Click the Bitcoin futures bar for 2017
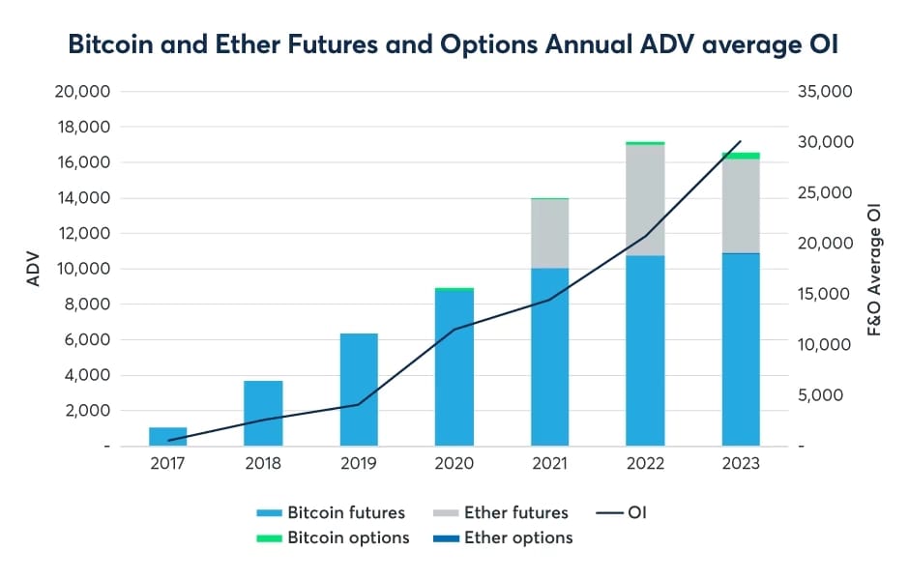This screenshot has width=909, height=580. click(167, 436)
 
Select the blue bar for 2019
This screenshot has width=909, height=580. click(359, 390)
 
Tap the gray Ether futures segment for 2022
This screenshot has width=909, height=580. click(645, 200)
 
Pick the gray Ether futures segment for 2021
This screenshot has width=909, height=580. click(549, 233)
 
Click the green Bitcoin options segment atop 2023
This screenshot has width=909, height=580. click(741, 156)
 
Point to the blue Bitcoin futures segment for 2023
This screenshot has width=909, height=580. click(741, 349)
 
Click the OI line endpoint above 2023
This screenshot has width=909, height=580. click(741, 142)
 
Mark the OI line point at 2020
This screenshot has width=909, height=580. click(454, 330)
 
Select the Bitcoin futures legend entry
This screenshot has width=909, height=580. click(333, 512)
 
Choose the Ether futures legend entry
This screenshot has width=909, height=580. click(502, 512)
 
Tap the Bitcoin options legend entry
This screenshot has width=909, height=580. click(335, 537)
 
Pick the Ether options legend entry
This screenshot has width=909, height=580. click(504, 537)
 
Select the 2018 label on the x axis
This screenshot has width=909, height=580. click(263, 463)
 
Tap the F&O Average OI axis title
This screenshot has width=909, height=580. click(875, 269)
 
